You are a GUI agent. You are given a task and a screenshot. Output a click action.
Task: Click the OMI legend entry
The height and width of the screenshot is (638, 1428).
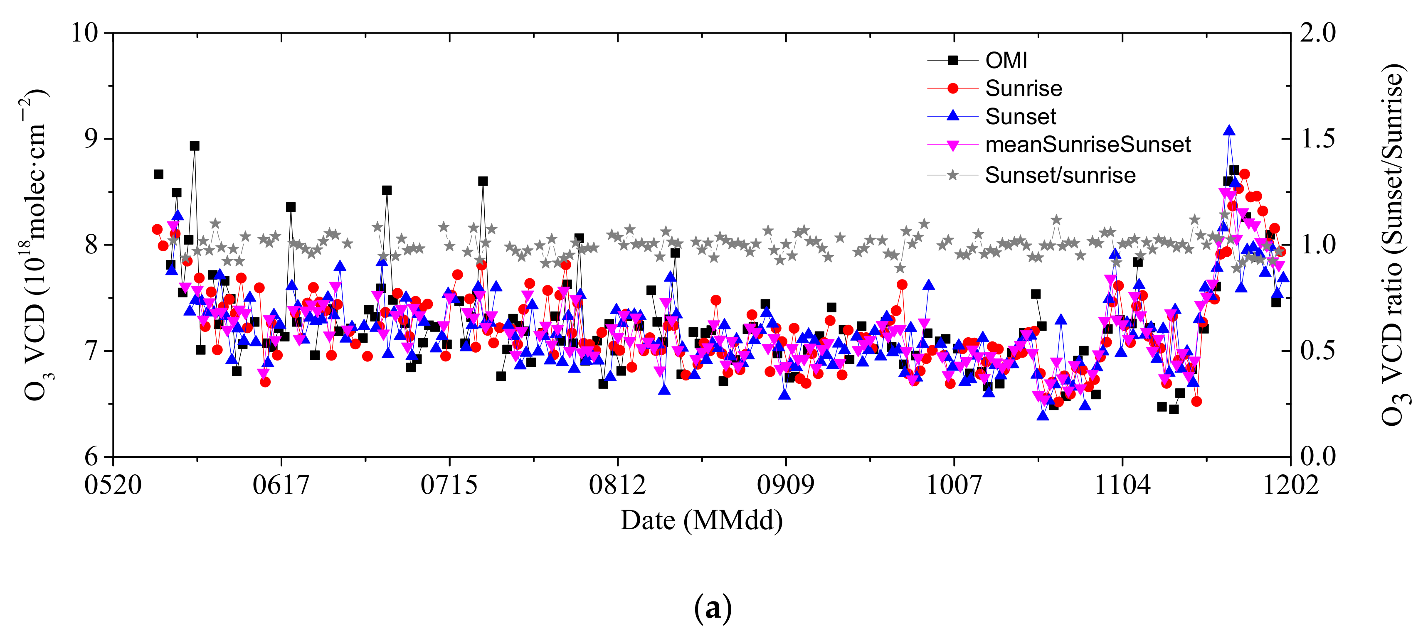1006,60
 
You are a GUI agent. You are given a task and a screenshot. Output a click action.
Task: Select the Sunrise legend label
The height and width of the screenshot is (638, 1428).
1024,88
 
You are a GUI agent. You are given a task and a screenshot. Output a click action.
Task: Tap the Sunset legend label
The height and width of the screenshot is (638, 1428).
1021,117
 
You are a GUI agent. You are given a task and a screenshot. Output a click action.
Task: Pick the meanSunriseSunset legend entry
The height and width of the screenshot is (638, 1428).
1088,145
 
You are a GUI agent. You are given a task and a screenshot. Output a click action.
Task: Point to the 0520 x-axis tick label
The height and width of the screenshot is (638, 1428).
113,485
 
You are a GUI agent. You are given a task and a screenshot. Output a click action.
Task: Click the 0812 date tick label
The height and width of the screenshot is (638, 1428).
617,485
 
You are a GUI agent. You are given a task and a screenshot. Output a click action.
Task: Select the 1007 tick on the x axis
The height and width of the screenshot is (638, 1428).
954,485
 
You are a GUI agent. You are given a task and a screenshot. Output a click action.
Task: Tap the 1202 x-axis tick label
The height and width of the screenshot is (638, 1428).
1290,485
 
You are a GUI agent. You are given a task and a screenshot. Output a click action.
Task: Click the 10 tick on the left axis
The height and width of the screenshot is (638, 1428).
85,33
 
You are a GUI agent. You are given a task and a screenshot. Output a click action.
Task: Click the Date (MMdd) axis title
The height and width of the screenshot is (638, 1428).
701,520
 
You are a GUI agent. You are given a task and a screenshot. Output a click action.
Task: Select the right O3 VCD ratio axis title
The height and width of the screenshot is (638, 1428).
1393,244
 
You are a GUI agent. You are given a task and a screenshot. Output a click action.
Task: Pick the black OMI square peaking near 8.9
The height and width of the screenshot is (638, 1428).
195,146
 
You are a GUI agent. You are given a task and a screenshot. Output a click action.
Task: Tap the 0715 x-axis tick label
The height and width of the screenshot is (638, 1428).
449,485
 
